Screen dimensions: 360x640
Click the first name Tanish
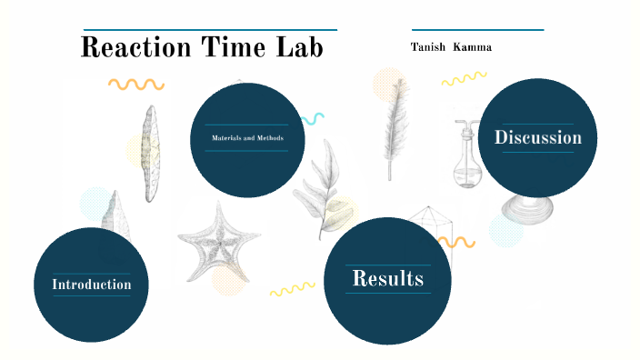428,46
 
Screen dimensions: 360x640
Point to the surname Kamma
472,46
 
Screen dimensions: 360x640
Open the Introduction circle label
91,285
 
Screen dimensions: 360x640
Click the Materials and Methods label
247,138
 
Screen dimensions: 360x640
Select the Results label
388,278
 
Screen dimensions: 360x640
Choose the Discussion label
537,138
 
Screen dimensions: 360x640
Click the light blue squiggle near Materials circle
314,118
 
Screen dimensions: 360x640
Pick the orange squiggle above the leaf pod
135,85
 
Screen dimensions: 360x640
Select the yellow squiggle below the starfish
292,289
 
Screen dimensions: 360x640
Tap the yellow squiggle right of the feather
464,80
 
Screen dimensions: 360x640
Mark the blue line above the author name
477,30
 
